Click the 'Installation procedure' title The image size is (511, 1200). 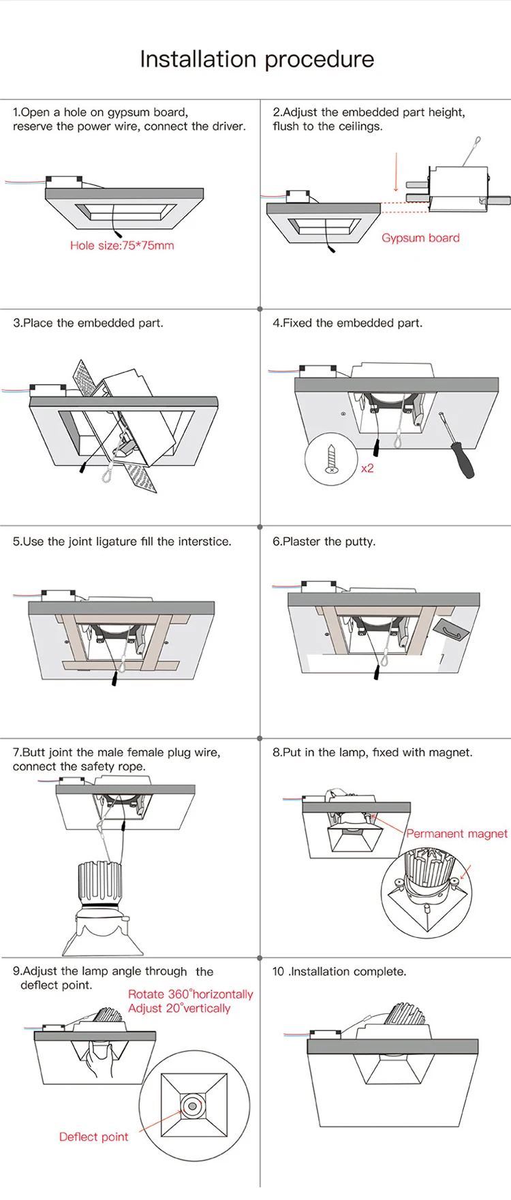(x=257, y=59)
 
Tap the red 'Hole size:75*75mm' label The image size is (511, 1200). (x=122, y=245)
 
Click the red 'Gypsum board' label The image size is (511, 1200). (x=420, y=238)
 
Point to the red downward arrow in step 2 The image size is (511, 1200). (x=396, y=173)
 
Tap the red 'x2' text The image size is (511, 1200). (x=367, y=468)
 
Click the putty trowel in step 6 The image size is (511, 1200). (x=451, y=631)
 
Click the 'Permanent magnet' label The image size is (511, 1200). (x=456, y=834)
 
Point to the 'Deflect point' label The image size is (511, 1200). (x=93, y=1137)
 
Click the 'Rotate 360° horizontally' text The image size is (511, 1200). (x=190, y=994)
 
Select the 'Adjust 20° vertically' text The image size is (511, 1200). (x=179, y=1008)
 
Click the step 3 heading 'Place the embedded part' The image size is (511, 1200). (x=88, y=323)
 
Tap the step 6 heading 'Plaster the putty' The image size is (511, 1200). (x=324, y=541)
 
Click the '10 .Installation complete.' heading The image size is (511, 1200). (x=339, y=971)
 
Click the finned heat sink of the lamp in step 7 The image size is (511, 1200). (x=99, y=883)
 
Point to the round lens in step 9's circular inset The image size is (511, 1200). (x=193, y=1107)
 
